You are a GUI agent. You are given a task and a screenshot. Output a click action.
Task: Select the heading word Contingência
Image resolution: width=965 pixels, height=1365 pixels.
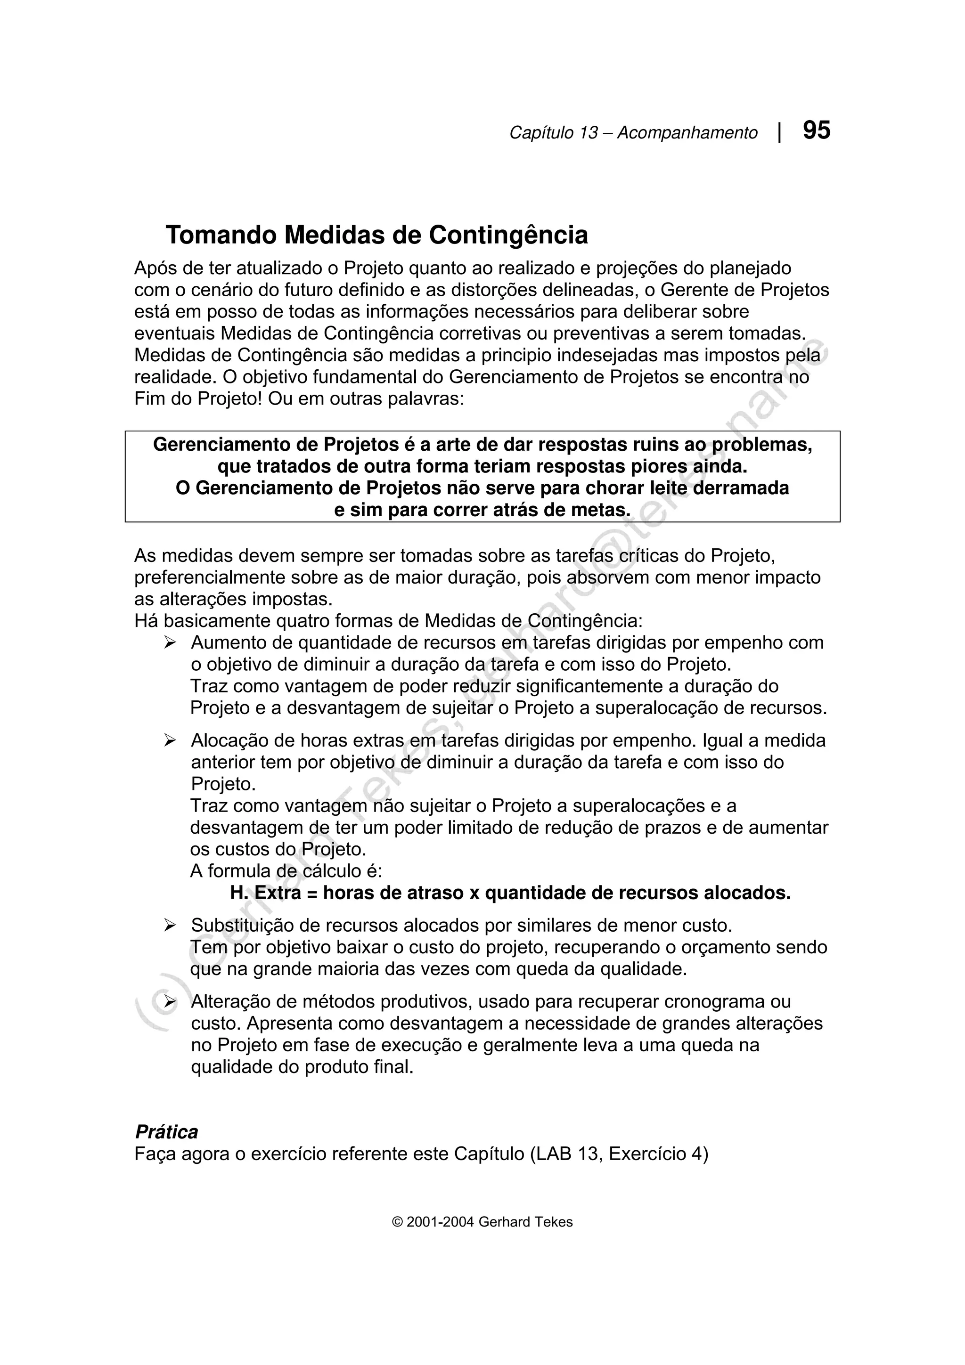[508, 236]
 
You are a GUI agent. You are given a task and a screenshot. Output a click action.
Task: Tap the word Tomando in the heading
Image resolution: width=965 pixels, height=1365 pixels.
[221, 236]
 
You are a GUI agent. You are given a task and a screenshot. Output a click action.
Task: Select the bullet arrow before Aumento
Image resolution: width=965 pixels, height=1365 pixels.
[171, 642]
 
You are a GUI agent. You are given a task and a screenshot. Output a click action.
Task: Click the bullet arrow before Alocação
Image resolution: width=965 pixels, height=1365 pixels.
[171, 741]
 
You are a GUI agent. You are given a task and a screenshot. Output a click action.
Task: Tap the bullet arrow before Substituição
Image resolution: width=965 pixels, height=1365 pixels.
[171, 926]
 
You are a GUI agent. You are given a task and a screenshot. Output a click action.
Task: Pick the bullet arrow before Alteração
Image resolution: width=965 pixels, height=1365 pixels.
[171, 1002]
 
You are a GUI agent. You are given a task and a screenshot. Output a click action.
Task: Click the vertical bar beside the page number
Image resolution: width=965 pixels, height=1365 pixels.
[779, 132]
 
